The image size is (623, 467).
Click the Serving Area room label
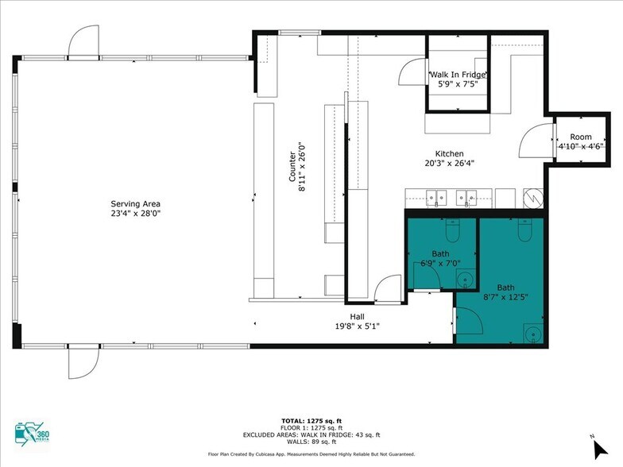[x=135, y=204]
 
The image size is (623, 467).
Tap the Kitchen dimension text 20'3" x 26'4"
[x=450, y=163]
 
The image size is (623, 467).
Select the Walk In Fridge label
[x=458, y=75]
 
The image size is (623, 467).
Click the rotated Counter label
[x=292, y=167]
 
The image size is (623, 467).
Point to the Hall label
[x=358, y=316]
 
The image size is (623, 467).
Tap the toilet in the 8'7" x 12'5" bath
[x=524, y=230]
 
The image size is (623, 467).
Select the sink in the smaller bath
[x=466, y=280]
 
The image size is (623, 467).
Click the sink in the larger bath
[x=532, y=334]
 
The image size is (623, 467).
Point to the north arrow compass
[x=599, y=449]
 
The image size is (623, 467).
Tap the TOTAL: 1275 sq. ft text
[x=311, y=421]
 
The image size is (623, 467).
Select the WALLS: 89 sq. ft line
[x=311, y=442]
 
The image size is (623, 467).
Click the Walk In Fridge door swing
[x=412, y=71]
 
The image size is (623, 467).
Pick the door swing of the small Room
[x=536, y=141]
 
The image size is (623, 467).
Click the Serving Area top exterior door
[x=83, y=41]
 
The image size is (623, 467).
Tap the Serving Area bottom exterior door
[x=83, y=362]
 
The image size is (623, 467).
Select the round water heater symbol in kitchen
[x=533, y=197]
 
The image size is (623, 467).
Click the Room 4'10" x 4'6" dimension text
[x=581, y=146]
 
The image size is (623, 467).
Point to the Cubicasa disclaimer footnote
[x=311, y=454]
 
